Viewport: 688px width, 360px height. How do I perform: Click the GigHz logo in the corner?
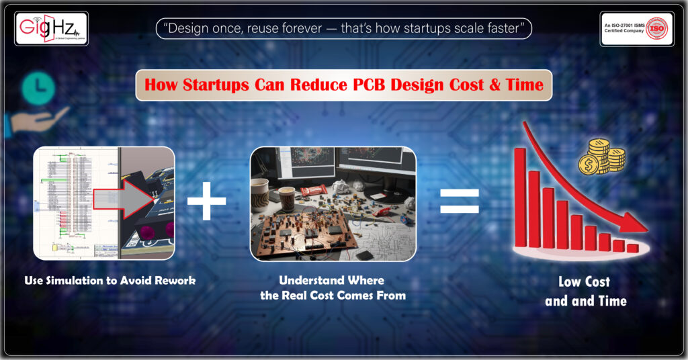(50, 28)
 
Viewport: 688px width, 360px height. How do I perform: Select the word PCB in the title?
(368, 86)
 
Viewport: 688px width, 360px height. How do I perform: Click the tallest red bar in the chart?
(519, 197)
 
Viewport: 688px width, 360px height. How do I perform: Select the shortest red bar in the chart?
(632, 248)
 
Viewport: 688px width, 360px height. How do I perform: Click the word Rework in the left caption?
(174, 280)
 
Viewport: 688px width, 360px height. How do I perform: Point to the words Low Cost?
(586, 282)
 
